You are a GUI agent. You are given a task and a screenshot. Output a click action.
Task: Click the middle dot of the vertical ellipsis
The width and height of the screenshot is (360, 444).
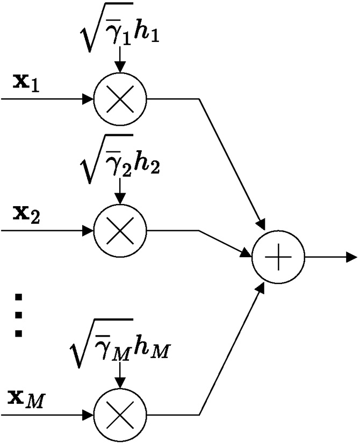(19, 315)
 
